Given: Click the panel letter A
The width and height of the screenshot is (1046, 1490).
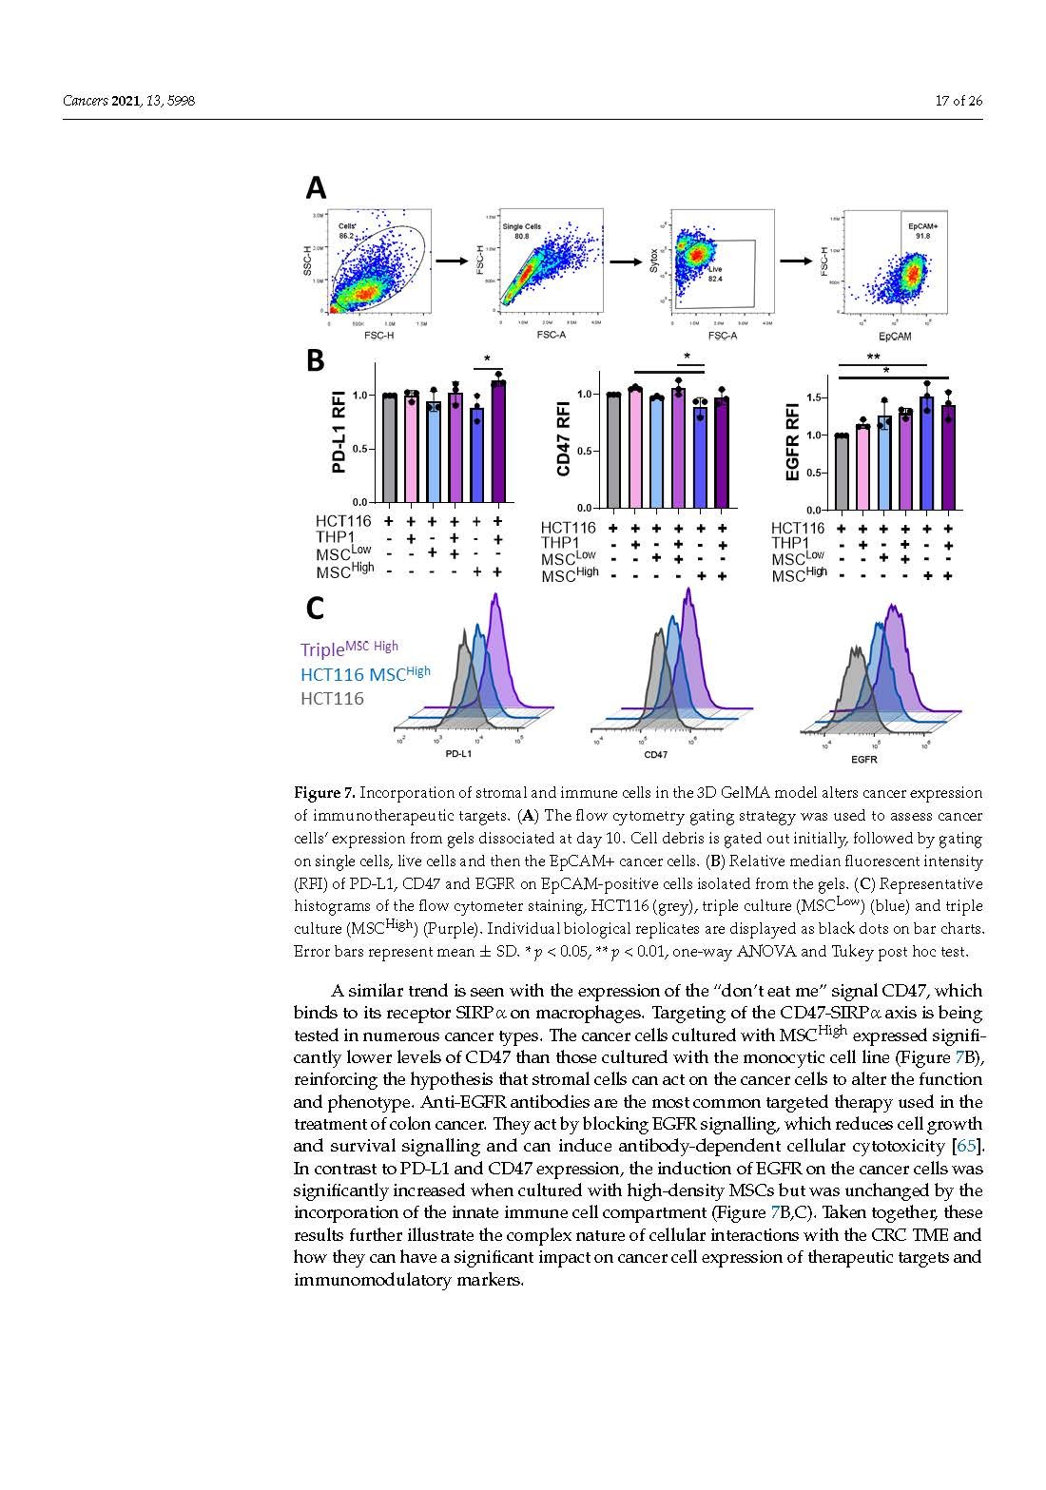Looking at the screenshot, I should click(x=316, y=189).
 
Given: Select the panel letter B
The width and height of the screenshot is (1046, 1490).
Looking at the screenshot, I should click(x=315, y=361).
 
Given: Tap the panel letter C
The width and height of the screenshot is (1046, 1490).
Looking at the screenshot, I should click(x=315, y=608).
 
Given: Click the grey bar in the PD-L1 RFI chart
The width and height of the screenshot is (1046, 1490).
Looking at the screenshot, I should click(x=388, y=448).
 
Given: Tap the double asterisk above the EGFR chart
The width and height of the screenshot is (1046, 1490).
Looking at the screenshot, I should click(x=873, y=358).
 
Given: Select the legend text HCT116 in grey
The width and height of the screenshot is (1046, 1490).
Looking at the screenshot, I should click(x=332, y=698).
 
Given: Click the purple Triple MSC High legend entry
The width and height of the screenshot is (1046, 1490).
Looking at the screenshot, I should click(x=349, y=648).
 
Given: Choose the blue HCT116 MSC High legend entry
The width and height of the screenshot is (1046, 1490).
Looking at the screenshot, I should click(x=365, y=673).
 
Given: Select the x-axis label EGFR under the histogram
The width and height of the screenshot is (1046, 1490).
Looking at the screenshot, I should click(x=864, y=760).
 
